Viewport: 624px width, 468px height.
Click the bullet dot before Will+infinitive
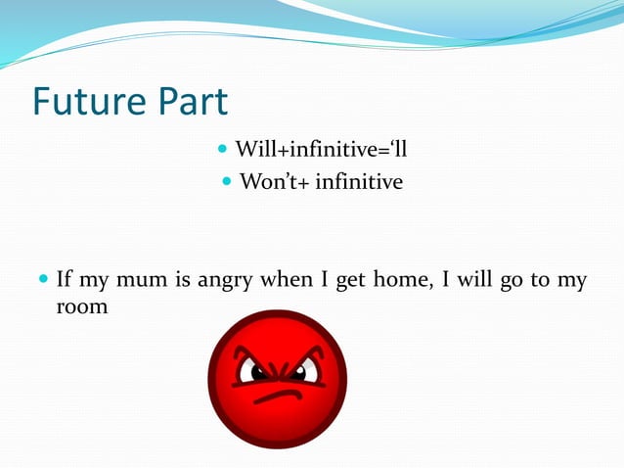pyautogui.click(x=222, y=152)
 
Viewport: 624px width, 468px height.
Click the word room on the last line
pyautogui.click(x=81, y=306)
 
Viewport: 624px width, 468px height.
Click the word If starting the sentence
pyautogui.click(x=65, y=281)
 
